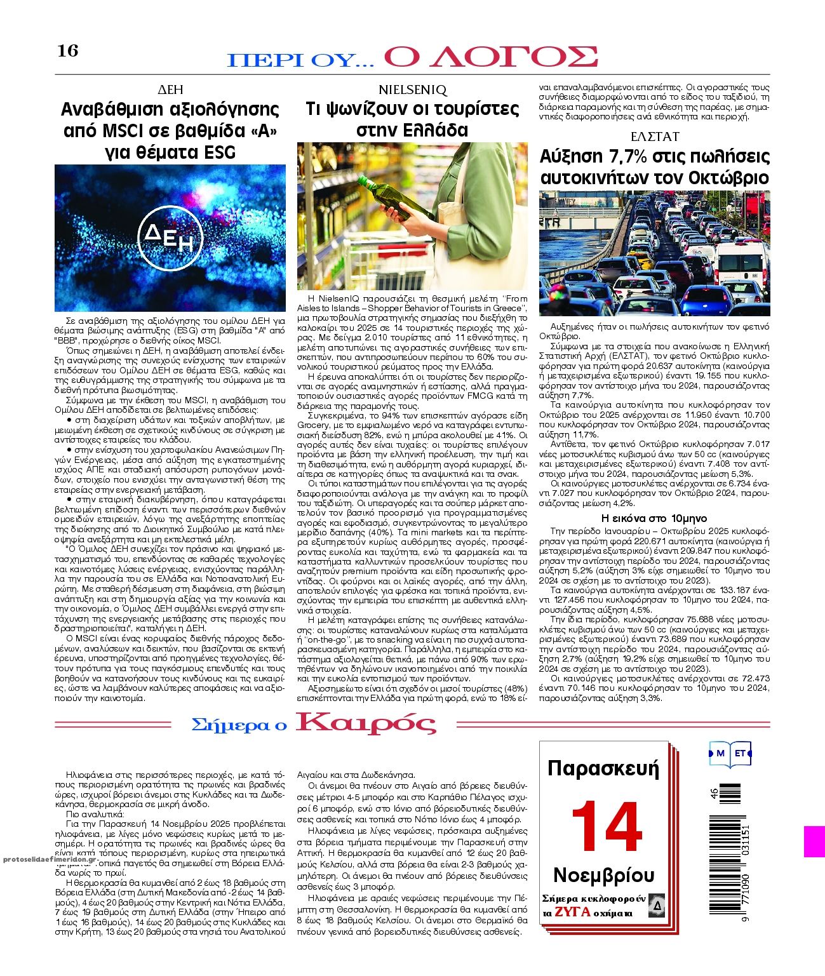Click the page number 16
point(67,50)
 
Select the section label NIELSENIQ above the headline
point(412,89)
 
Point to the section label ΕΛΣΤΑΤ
point(654,137)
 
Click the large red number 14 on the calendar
point(607,827)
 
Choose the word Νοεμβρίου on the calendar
point(603,874)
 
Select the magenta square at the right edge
point(814,841)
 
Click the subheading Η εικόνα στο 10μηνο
point(654,518)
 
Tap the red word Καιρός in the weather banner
point(366,724)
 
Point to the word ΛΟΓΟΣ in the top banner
point(491,57)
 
